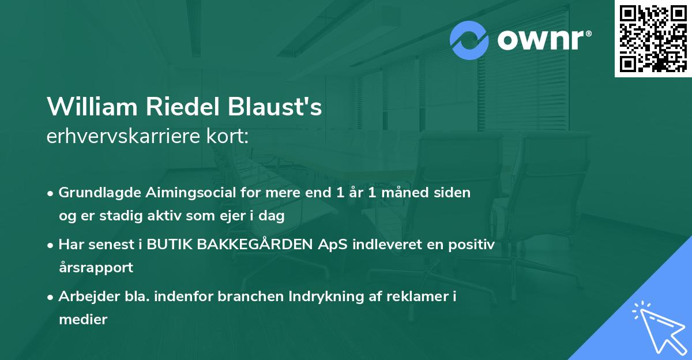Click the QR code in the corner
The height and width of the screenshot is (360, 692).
pyautogui.click(x=653, y=38)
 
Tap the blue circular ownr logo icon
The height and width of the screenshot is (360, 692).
pyautogui.click(x=469, y=40)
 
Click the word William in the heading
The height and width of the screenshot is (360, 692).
pyautogui.click(x=92, y=107)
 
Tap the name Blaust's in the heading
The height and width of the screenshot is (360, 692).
pyautogui.click(x=274, y=107)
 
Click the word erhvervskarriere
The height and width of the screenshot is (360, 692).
pyautogui.click(x=123, y=136)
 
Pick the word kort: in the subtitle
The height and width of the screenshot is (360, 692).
pyautogui.click(x=227, y=136)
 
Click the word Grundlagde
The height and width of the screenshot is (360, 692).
pyautogui.click(x=100, y=193)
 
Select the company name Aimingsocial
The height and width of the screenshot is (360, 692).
pyautogui.click(x=191, y=193)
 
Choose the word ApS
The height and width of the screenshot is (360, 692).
pyautogui.click(x=333, y=245)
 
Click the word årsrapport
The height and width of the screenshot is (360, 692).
pyautogui.click(x=96, y=268)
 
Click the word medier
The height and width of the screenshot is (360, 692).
pyautogui.click(x=83, y=319)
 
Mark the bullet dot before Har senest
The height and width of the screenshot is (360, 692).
pyautogui.click(x=50, y=246)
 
